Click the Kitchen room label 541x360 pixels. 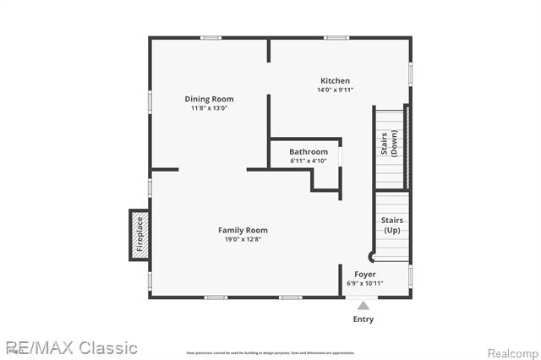tap(334, 81)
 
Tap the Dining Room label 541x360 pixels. tap(209, 99)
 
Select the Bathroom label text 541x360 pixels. tap(308, 152)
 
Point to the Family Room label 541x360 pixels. tap(243, 230)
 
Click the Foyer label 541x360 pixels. tap(365, 275)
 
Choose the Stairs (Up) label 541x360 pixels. tap(392, 225)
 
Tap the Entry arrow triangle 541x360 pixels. tap(363, 305)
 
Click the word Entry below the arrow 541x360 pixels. tap(363, 319)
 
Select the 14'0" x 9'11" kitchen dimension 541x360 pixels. tap(334, 90)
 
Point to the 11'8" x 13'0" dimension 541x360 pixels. tap(209, 108)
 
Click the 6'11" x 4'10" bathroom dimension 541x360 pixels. tap(308, 161)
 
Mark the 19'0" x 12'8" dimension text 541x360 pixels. tap(243, 239)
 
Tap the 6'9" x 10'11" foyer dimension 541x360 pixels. tap(365, 284)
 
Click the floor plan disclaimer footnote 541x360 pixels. tap(270, 353)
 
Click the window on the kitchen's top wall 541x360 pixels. tap(336, 37)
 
